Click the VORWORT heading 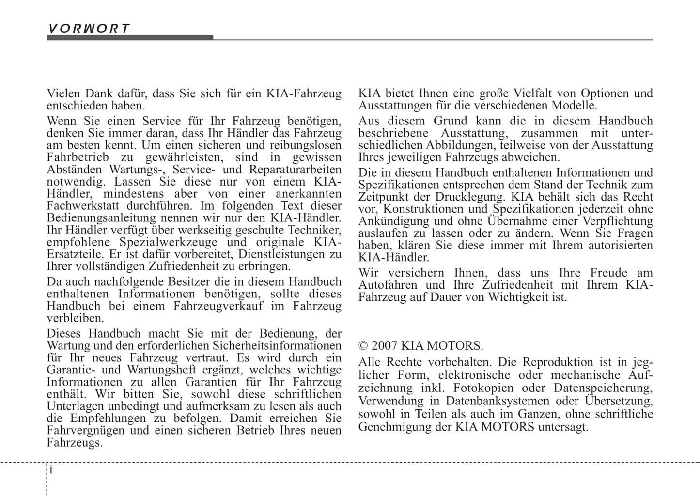pyautogui.click(x=89, y=29)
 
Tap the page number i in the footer pyautogui.click(x=51, y=470)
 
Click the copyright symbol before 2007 pyautogui.click(x=363, y=346)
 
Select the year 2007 pyautogui.click(x=385, y=346)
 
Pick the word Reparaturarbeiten pyautogui.click(x=295, y=170)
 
